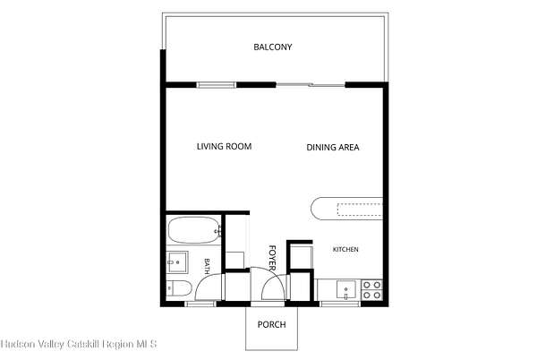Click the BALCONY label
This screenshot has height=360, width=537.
click(273, 47)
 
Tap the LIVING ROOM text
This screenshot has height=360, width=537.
click(224, 147)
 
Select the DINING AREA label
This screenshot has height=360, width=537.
click(333, 147)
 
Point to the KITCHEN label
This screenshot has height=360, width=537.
click(345, 249)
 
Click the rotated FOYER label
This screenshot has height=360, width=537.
click(272, 258)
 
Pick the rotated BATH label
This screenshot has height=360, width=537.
click(207, 266)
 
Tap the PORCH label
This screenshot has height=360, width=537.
click(271, 324)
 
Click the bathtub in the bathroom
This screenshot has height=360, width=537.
click(194, 230)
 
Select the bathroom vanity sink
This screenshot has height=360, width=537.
click(177, 262)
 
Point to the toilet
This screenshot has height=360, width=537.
click(179, 288)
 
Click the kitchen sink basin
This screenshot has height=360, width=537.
click(345, 290)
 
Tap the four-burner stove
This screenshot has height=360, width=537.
click(372, 290)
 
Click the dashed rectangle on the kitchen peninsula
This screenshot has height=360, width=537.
click(360, 210)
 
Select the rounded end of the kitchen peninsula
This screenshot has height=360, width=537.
click(317, 209)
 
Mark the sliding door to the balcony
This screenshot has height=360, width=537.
click(311, 84)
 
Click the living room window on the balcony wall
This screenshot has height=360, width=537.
click(217, 85)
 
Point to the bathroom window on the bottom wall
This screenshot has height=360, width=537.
click(200, 304)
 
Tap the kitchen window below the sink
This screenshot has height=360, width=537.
click(340, 304)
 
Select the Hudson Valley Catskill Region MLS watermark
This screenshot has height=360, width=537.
click(79, 344)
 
